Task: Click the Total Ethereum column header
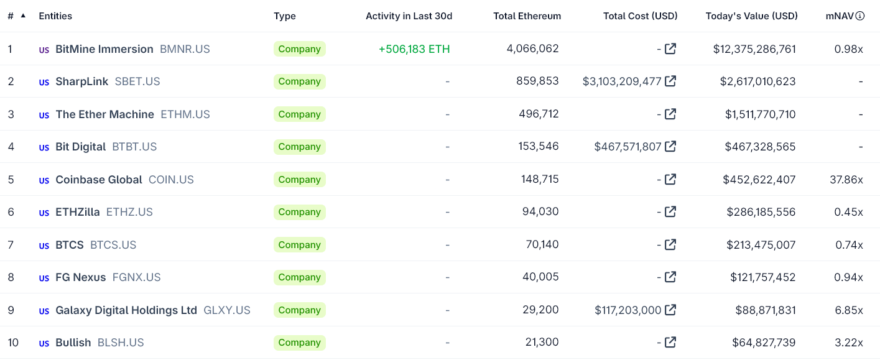(527, 16)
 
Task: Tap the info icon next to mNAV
(860, 16)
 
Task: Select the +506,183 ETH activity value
(414, 49)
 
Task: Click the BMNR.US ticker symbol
(185, 49)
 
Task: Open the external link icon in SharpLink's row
(670, 81)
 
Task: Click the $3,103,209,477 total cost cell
(622, 81)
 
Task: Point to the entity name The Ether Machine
(104, 114)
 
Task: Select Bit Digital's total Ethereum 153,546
(539, 147)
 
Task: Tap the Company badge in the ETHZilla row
(299, 212)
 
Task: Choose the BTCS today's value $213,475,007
(761, 245)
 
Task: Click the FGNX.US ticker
(136, 277)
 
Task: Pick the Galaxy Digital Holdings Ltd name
(126, 310)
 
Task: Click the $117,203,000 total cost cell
(628, 310)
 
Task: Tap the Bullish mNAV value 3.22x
(848, 343)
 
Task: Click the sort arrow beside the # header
(23, 16)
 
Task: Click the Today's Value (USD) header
(751, 16)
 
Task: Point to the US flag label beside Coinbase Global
(44, 180)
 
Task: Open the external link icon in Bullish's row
(670, 342)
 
